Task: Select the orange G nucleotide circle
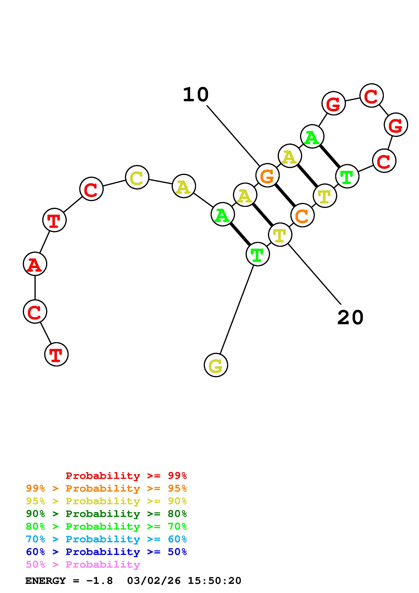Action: coord(267,175)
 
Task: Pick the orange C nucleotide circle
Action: coord(302,215)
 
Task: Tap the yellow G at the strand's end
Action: coord(216,365)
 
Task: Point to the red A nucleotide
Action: coord(35,264)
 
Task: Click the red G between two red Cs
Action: coord(396,125)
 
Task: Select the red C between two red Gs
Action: coord(372,95)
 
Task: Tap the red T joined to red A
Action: coord(54,220)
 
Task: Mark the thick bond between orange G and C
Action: coord(285,195)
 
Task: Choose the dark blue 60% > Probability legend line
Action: coord(106,552)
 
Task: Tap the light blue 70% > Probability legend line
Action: coord(106,539)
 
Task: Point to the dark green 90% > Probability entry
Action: coord(106,514)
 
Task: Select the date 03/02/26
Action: coord(154,581)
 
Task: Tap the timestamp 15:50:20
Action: coord(214,581)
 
